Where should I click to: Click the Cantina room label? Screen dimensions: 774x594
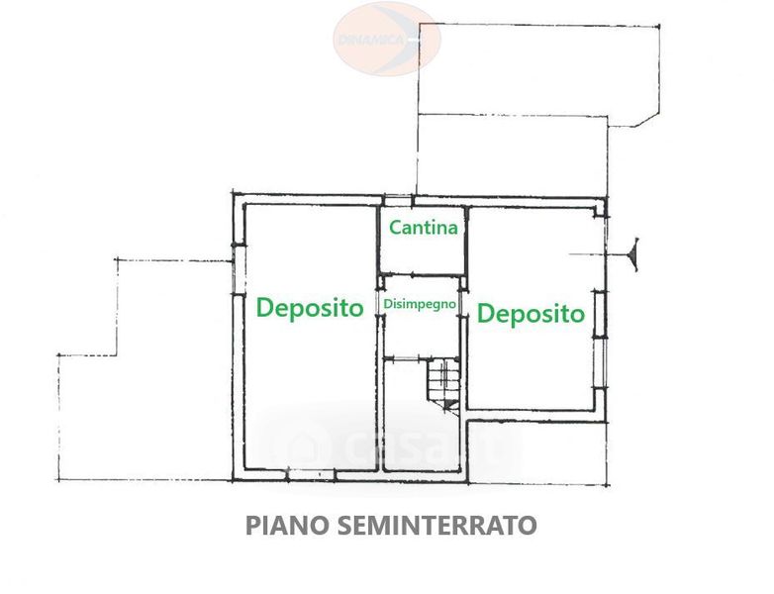point(424,228)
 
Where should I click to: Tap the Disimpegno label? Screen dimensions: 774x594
point(420,305)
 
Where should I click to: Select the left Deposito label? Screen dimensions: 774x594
point(310,309)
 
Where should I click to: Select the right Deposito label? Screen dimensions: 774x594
point(531,314)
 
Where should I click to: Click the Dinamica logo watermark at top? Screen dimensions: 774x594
point(387,39)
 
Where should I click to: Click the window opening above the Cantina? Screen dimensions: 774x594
point(398,200)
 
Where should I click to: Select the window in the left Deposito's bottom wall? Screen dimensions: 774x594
point(311,475)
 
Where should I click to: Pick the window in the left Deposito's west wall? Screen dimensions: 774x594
point(239,270)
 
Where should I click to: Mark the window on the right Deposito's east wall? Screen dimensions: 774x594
point(600,315)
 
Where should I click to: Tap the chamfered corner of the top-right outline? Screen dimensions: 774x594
point(647,120)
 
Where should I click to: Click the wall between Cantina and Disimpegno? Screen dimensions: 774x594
point(422,275)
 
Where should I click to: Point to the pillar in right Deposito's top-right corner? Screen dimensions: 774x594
point(600,210)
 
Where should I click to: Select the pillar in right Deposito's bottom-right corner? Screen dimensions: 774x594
point(600,399)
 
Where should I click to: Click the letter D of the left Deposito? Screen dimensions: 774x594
point(264,307)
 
